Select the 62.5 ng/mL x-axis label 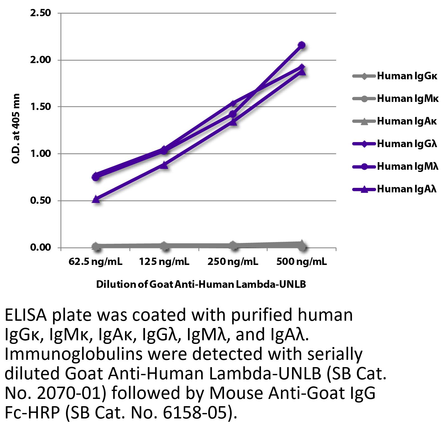[x=95, y=262]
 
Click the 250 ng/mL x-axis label [x=233, y=262]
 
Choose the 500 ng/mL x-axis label [x=302, y=262]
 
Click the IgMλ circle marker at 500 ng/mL [x=302, y=45]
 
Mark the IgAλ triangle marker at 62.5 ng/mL [x=96, y=199]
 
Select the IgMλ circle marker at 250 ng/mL [x=233, y=114]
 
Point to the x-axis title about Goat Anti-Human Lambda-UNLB [x=201, y=284]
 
